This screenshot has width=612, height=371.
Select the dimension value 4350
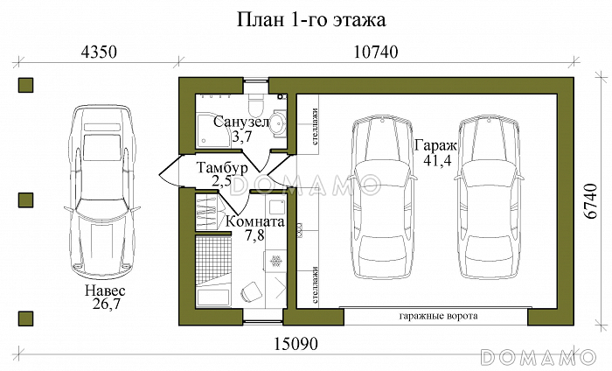(99, 52)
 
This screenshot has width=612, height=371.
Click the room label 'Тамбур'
(223, 167)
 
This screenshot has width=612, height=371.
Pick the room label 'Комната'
(254, 222)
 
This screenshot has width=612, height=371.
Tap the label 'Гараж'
(428, 148)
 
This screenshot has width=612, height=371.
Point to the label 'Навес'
(105, 290)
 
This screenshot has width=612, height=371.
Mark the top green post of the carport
(26, 85)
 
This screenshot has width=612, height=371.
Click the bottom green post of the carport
(26, 317)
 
